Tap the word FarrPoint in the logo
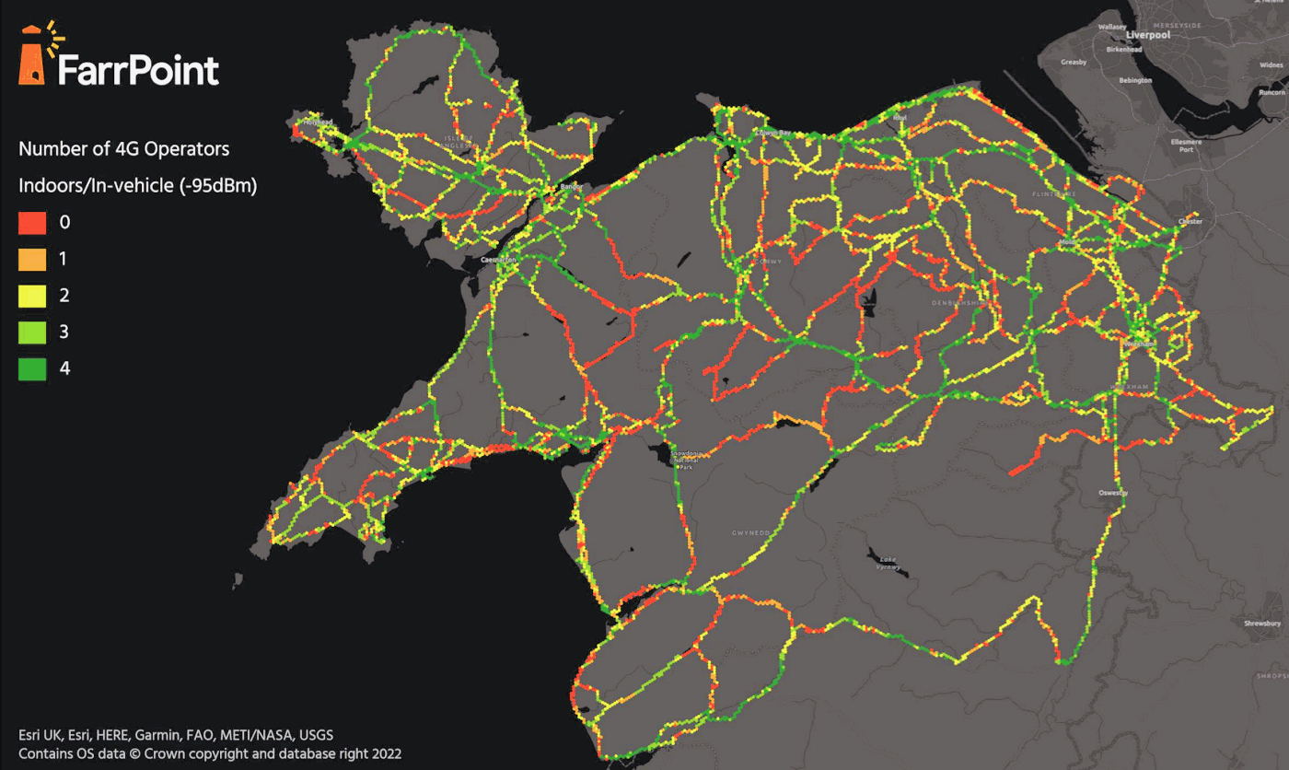click(138, 71)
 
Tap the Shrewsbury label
click(1262, 624)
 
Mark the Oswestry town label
click(1112, 494)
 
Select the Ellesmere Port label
click(1181, 146)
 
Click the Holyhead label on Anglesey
click(317, 122)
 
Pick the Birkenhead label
click(1123, 49)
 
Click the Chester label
click(1190, 222)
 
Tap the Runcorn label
click(1272, 92)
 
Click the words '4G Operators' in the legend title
click(176, 148)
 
